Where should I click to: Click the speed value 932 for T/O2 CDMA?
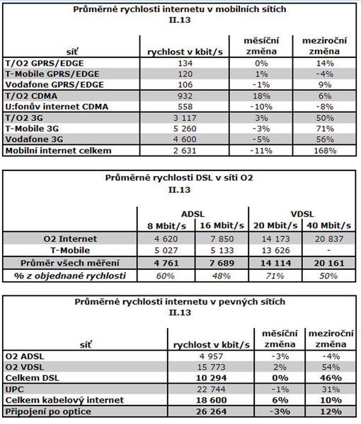(x=185, y=96)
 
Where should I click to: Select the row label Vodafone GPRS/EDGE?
(x=55, y=85)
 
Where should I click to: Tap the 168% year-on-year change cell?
(x=325, y=151)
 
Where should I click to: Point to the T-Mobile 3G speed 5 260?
(x=185, y=129)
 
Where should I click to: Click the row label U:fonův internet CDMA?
(x=57, y=107)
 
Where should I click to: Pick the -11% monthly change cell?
(x=261, y=151)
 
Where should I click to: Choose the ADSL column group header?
(x=193, y=214)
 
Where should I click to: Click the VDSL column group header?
(x=302, y=214)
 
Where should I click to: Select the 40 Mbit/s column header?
(x=328, y=225)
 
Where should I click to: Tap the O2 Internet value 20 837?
(x=329, y=239)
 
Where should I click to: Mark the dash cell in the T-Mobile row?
(x=328, y=250)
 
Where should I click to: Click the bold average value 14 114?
(x=275, y=263)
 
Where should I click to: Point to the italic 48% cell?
(x=222, y=276)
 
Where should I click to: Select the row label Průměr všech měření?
(x=70, y=263)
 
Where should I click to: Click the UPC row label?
(x=15, y=389)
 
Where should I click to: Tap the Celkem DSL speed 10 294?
(x=211, y=378)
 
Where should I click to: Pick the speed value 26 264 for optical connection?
(x=211, y=411)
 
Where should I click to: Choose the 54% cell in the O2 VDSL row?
(x=331, y=367)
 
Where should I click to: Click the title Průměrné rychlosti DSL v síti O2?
(x=179, y=178)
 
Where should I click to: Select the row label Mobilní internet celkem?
(x=58, y=151)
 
